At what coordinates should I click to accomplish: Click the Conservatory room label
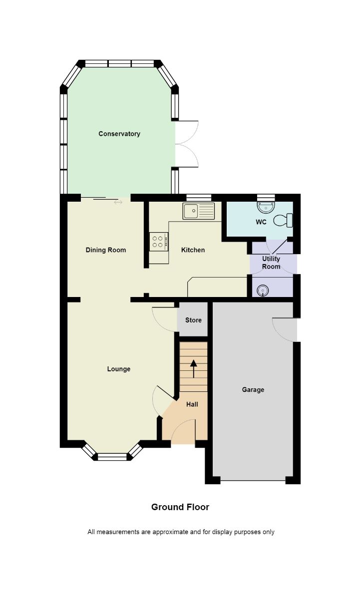pyautogui.click(x=119, y=134)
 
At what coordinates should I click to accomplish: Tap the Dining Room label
pyautogui.click(x=106, y=250)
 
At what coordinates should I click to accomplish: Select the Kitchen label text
pyautogui.click(x=193, y=250)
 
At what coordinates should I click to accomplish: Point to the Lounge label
pyautogui.click(x=119, y=369)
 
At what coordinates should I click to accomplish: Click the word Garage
pyautogui.click(x=253, y=390)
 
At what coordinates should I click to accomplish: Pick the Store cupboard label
pyautogui.click(x=193, y=320)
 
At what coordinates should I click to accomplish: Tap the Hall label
pyautogui.click(x=192, y=404)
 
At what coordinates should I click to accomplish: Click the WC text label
pyautogui.click(x=261, y=222)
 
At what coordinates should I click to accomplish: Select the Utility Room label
pyautogui.click(x=271, y=263)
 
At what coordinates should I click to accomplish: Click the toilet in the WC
pyautogui.click(x=283, y=220)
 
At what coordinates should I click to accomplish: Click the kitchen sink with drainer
pyautogui.click(x=199, y=211)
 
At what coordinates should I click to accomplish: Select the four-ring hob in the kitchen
pyautogui.click(x=159, y=242)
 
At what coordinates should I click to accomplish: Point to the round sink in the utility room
pyautogui.click(x=262, y=291)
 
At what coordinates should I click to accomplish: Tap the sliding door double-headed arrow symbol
pyautogui.click(x=118, y=203)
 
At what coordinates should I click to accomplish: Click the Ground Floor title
pyautogui.click(x=180, y=507)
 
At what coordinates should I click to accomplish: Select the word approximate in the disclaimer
pyautogui.click(x=170, y=532)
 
